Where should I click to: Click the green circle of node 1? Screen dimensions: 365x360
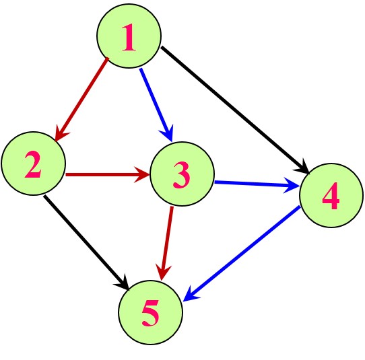[129, 36]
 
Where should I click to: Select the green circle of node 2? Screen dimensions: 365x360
[33, 164]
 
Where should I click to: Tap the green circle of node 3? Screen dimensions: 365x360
[182, 174]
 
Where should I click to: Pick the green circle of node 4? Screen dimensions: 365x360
[331, 195]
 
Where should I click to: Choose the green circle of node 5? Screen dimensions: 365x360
[151, 312]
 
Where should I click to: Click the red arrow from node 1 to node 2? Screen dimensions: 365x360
[81, 100]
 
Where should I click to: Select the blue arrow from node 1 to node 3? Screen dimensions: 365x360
[156, 105]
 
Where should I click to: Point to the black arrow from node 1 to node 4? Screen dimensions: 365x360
[235, 110]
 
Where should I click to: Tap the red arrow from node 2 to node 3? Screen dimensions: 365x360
[108, 174]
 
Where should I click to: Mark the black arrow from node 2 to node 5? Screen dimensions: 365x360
[86, 243]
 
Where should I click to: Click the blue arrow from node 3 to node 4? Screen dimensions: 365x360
[257, 184]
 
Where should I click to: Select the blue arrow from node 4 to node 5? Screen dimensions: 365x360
[242, 254]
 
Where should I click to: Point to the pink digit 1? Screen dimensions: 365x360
[129, 37]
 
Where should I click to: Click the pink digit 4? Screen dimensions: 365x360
[331, 196]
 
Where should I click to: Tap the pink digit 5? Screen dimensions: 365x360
[151, 313]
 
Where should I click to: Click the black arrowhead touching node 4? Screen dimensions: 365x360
[302, 167]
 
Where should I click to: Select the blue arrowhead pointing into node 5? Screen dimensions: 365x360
[191, 295]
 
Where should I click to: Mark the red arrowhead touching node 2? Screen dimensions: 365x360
[61, 135]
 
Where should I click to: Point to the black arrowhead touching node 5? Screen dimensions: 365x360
[122, 283]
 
